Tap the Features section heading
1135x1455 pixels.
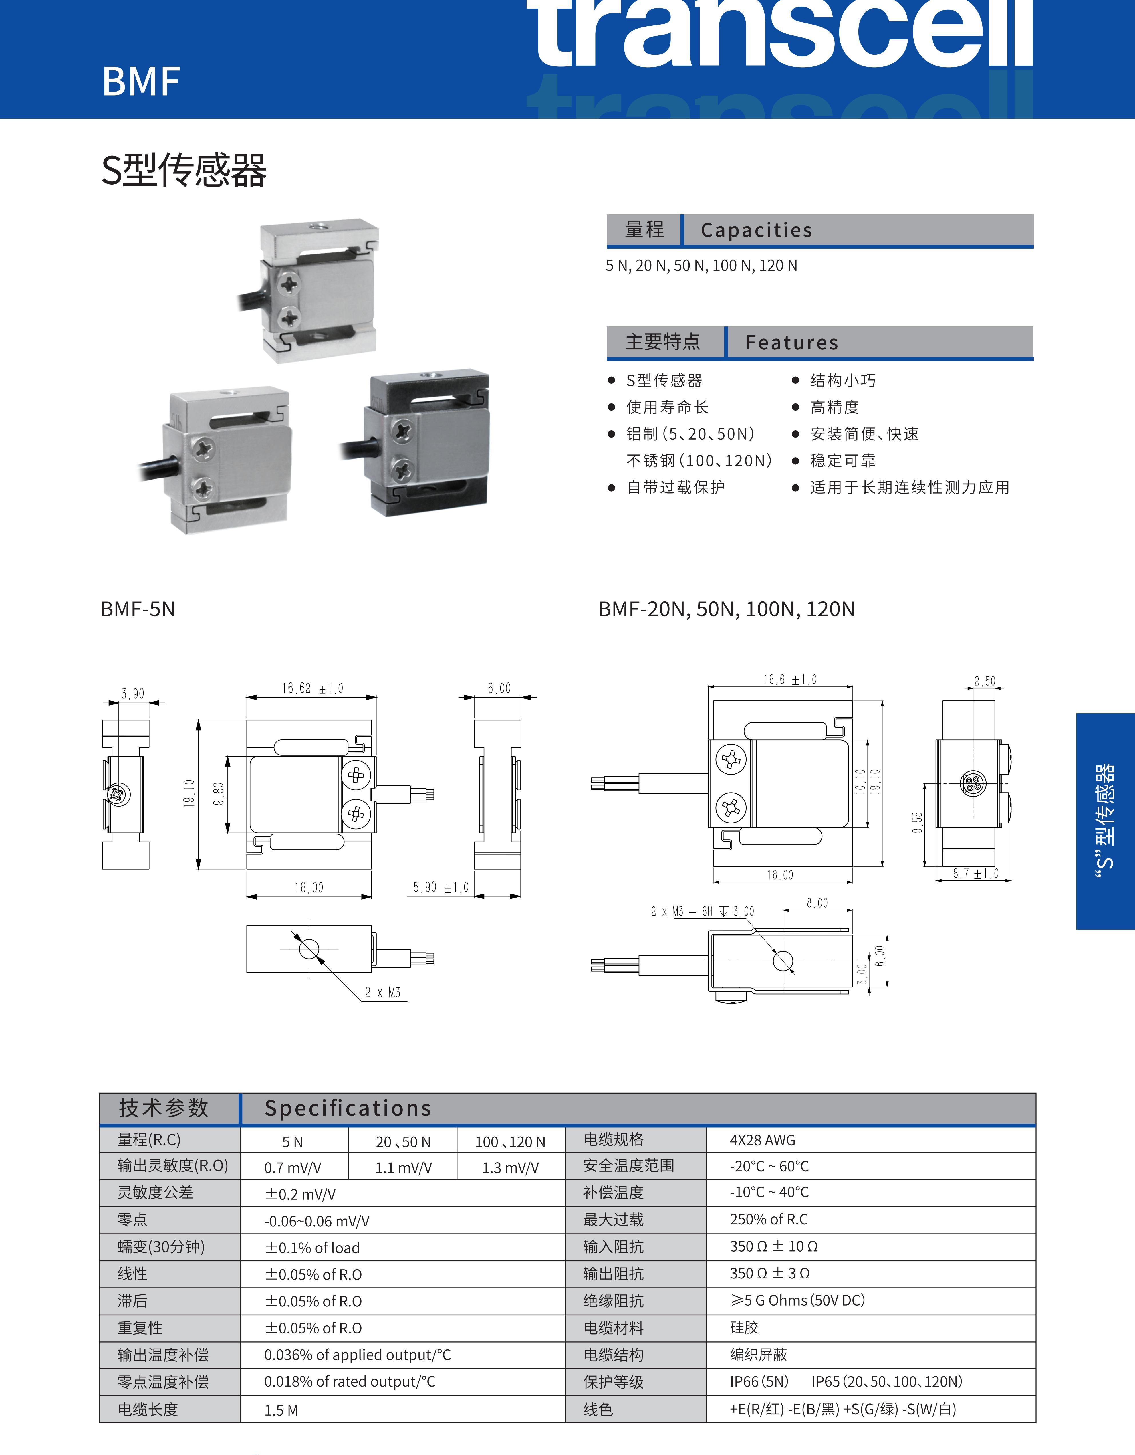[x=791, y=343]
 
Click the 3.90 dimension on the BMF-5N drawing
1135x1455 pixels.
[x=132, y=694]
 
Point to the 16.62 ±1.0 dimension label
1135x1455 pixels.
[x=312, y=688]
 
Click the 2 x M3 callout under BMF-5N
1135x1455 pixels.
[x=383, y=992]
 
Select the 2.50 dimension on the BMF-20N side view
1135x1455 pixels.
[x=985, y=681]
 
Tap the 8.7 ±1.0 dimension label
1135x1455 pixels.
[x=975, y=873]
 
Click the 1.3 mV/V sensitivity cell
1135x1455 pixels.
[x=510, y=1168]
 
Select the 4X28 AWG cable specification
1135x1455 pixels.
[x=762, y=1140]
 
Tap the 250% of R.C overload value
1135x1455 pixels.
[x=769, y=1219]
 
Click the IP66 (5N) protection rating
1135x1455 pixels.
[x=759, y=1382]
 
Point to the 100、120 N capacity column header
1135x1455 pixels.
[x=510, y=1142]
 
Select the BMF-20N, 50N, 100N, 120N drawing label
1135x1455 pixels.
[x=726, y=609]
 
